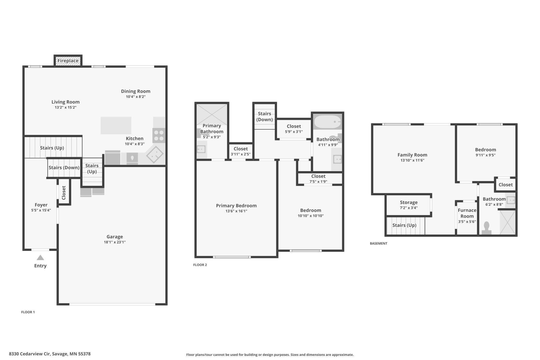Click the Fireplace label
coord(68,61)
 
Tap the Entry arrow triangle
coord(40,258)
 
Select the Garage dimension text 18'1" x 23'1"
coord(115,242)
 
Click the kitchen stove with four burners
coord(159,135)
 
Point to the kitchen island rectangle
coord(116,125)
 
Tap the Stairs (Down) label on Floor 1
coord(64,168)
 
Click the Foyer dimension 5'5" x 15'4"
coord(41,210)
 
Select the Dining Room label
coord(136,91)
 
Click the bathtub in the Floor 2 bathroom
coord(327,122)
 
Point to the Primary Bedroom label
coord(236,205)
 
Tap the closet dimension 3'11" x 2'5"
coord(241,154)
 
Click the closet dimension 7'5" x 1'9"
coord(318,182)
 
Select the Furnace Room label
coord(467,213)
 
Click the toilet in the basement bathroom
coord(487,228)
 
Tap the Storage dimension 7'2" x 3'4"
coord(409,208)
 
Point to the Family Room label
coord(412,155)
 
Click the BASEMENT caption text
coord(379,243)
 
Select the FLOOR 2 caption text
coord(200,265)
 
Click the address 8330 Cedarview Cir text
coord(30,354)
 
